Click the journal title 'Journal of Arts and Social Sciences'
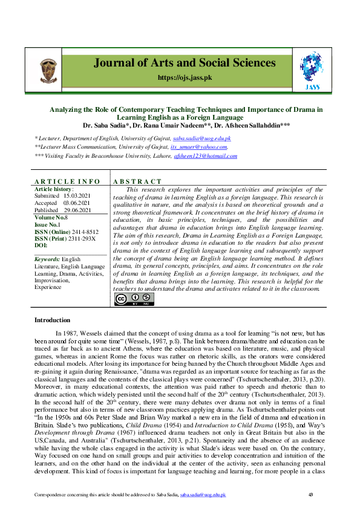click(184, 63)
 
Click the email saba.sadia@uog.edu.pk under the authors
click(206, 138)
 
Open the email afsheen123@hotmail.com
click(206, 156)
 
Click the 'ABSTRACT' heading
click(137, 181)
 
